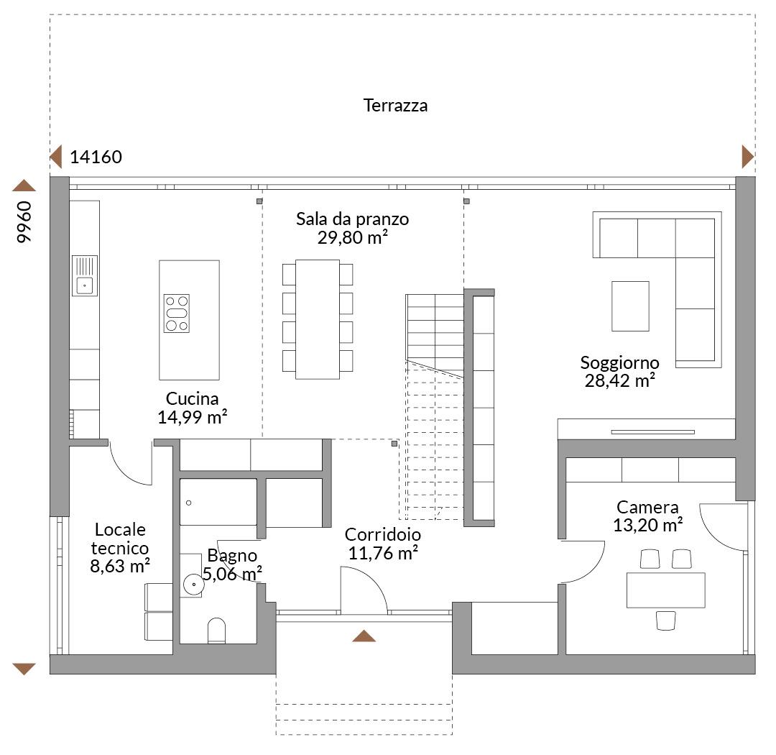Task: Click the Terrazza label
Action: click(395, 106)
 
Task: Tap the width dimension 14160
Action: click(96, 157)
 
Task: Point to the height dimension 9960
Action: click(24, 222)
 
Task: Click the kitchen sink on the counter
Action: click(85, 276)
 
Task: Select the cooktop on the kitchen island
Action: click(177, 313)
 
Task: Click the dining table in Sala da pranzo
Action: click(318, 319)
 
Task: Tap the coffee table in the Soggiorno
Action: click(631, 306)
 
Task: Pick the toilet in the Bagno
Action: click(216, 631)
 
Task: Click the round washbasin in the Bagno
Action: click(193, 585)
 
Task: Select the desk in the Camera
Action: click(665, 590)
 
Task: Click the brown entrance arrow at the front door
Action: click(364, 636)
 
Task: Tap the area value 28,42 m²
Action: click(619, 381)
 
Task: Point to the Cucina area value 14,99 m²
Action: click(192, 417)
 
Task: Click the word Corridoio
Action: click(382, 534)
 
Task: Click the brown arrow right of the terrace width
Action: click(748, 157)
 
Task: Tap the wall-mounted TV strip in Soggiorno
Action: click(652, 432)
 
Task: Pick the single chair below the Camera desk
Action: click(665, 621)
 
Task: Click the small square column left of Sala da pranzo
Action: click(259, 201)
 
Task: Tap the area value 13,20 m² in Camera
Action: click(648, 525)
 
